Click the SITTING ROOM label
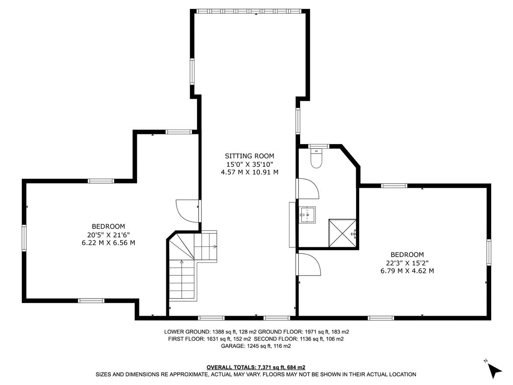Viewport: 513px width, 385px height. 250,156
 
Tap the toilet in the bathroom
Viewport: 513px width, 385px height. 316,159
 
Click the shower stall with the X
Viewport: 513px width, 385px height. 342,233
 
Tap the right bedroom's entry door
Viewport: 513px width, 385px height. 309,264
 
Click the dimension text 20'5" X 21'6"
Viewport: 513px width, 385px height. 108,234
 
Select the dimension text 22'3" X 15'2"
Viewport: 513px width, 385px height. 407,263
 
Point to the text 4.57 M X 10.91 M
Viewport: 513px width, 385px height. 250,172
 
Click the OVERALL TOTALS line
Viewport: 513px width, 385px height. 256,367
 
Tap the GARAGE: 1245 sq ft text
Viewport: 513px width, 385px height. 256,346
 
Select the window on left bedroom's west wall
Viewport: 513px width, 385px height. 24,237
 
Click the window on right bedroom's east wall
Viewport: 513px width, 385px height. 489,252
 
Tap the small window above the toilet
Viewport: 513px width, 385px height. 318,146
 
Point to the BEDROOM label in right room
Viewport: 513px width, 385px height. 407,255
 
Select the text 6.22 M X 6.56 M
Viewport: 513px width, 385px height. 108,243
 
